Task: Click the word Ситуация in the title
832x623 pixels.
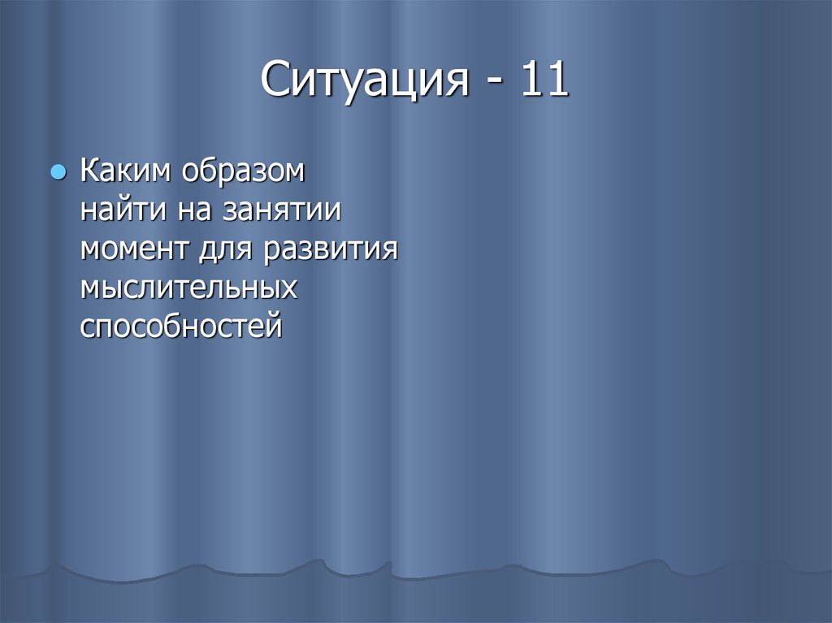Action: (366, 82)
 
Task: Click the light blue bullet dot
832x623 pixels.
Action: (58, 173)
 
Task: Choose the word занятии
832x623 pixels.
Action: (279, 212)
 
